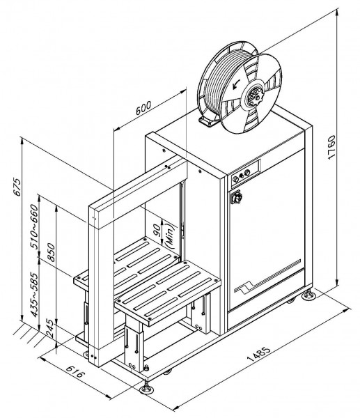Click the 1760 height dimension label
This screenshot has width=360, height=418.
(331, 148)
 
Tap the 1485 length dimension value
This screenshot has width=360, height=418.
(259, 353)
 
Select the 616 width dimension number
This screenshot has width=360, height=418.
(75, 371)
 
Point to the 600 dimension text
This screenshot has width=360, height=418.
(143, 108)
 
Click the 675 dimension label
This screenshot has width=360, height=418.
(17, 187)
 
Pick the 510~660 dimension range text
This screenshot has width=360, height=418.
(34, 226)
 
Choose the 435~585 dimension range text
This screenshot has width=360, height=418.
(34, 294)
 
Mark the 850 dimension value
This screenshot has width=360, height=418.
(51, 252)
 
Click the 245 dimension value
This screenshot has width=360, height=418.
(51, 328)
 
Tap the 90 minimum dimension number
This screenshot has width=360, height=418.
(157, 230)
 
